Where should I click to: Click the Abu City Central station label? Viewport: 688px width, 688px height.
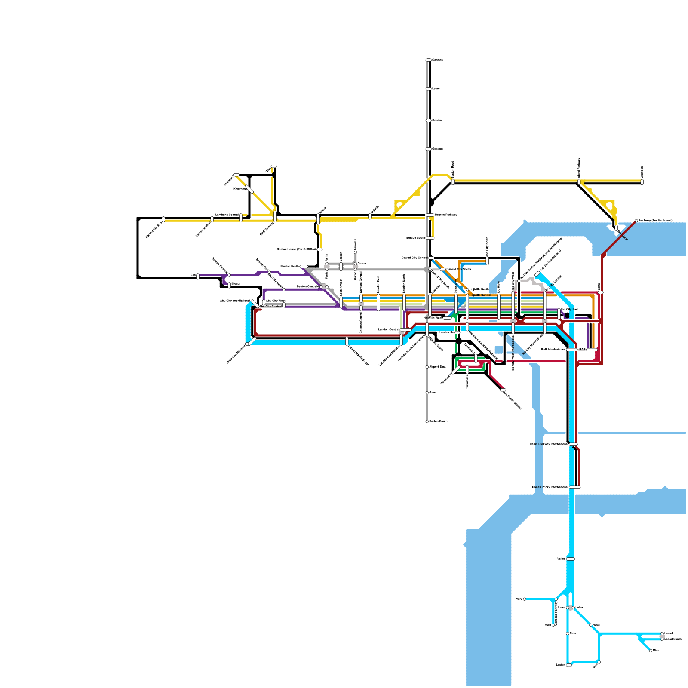pos(270,307)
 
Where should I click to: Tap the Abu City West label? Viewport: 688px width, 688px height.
pos(276,301)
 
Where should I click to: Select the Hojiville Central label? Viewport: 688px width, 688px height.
pos(480,295)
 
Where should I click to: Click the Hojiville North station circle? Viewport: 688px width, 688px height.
pos(467,289)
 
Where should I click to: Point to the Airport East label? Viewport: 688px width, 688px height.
pos(437,367)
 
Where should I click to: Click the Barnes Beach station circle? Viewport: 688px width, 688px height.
pos(427,421)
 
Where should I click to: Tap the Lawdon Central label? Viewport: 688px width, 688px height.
pos(388,329)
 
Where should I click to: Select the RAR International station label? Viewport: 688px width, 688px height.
pos(553,350)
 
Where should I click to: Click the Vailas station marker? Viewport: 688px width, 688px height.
pos(570,559)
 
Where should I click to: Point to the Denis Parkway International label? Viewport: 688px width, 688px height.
pos(549,444)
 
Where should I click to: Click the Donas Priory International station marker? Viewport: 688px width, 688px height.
pos(575,487)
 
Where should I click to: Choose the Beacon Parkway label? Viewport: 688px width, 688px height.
pos(446,215)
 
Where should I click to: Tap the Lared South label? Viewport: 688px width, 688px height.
pos(673,639)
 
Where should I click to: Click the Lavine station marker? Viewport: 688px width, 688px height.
pos(569,665)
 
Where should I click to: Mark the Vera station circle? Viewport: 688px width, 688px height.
pos(524,599)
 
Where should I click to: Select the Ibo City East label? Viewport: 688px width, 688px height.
pos(570,309)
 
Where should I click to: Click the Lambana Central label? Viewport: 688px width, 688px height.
pos(227,215)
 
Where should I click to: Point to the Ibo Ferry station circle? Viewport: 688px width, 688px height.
pos(636,221)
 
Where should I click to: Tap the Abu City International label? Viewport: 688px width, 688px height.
pos(235,301)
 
